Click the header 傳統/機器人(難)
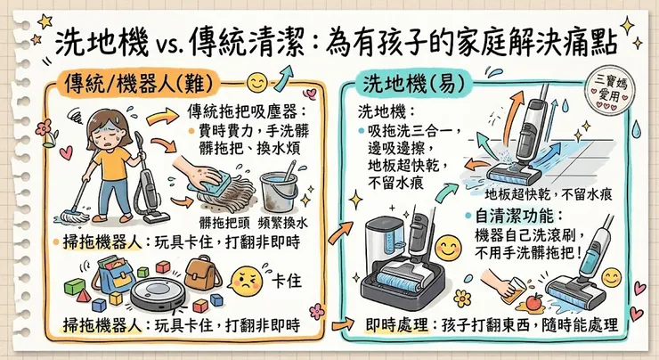(x=142, y=85)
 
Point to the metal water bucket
(x=281, y=192)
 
